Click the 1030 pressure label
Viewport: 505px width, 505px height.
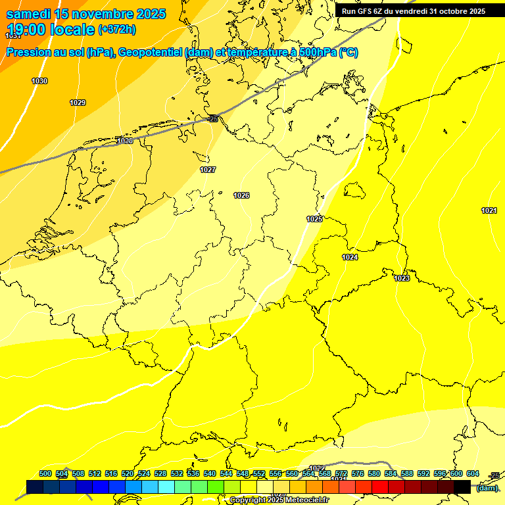click(39, 81)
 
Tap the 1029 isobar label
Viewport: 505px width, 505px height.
click(78, 103)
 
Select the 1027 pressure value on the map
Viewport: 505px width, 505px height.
click(208, 170)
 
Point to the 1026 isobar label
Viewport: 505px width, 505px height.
click(241, 195)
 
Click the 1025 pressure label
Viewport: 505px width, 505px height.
click(314, 219)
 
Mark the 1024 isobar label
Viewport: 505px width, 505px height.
click(350, 257)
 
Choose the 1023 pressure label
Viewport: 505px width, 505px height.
click(402, 278)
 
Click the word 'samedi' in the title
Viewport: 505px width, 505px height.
click(28, 14)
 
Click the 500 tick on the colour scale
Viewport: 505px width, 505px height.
click(45, 473)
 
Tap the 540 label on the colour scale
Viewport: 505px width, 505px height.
click(210, 473)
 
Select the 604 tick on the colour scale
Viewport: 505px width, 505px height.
click(473, 473)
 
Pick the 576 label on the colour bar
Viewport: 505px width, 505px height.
click(358, 473)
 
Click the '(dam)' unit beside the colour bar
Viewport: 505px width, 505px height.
click(487, 487)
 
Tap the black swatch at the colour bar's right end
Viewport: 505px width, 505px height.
click(462, 487)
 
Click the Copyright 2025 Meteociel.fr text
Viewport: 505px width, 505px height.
click(279, 500)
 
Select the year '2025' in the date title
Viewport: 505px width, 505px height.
click(151, 14)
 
